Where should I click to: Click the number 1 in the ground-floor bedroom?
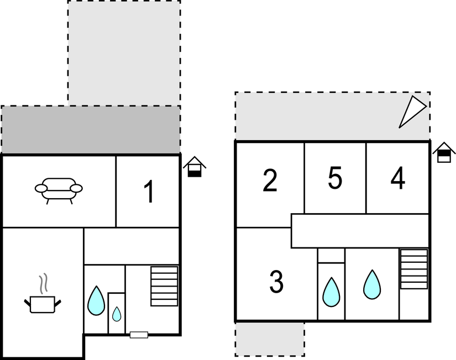click(x=149, y=192)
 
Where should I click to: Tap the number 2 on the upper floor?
click(x=270, y=180)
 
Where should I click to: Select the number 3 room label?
click(x=276, y=281)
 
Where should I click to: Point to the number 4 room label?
click(x=398, y=178)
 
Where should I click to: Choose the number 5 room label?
click(x=335, y=178)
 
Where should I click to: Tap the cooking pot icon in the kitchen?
click(x=43, y=304)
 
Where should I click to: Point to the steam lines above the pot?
click(x=43, y=283)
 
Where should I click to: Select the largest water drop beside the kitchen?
click(x=96, y=301)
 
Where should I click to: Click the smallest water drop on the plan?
click(x=117, y=314)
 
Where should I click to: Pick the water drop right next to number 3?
click(x=331, y=292)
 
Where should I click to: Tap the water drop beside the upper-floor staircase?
click(x=372, y=285)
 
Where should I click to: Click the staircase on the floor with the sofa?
click(x=164, y=286)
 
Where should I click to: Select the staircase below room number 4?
click(x=414, y=269)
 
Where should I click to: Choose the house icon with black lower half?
click(x=195, y=167)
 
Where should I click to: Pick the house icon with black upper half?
click(x=444, y=152)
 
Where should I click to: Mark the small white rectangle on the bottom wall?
click(x=139, y=335)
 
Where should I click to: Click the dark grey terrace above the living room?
click(x=91, y=130)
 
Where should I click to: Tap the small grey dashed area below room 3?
click(x=270, y=339)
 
